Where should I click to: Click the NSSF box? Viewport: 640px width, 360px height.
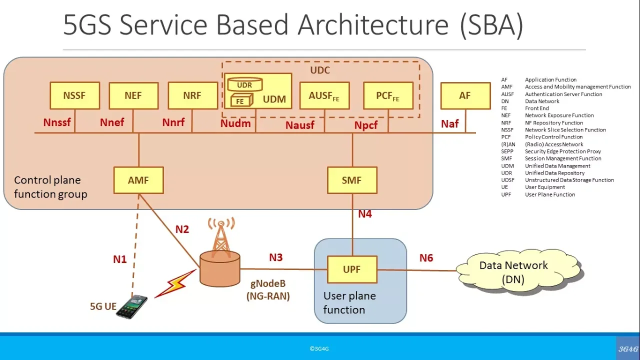[x=75, y=95]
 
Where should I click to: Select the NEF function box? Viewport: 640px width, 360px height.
[x=133, y=95]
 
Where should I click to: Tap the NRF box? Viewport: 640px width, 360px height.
[x=193, y=95]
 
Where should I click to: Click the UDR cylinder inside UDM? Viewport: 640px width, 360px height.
[x=245, y=84]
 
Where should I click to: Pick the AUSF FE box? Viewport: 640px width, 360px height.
[x=324, y=95]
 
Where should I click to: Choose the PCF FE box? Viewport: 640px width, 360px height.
[x=388, y=95]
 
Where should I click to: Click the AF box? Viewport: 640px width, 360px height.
[x=465, y=95]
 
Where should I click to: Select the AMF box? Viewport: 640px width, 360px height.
[x=138, y=180]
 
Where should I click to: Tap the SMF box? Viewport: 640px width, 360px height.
[x=352, y=180]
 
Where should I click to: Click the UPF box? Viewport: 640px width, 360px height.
[x=352, y=269]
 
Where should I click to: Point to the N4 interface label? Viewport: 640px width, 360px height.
[x=365, y=214]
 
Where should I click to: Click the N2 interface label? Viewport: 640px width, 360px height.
[x=182, y=229]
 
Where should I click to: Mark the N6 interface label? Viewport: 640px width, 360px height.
[x=426, y=258]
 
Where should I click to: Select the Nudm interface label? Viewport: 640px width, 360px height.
[x=235, y=123]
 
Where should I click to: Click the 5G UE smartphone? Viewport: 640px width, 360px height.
[x=132, y=306]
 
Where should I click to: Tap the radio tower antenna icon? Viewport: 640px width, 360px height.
[x=221, y=237]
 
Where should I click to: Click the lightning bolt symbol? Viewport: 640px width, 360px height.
[x=175, y=283]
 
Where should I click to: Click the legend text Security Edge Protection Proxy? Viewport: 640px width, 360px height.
[x=563, y=151]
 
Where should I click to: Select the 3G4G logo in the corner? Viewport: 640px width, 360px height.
[x=628, y=349]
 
